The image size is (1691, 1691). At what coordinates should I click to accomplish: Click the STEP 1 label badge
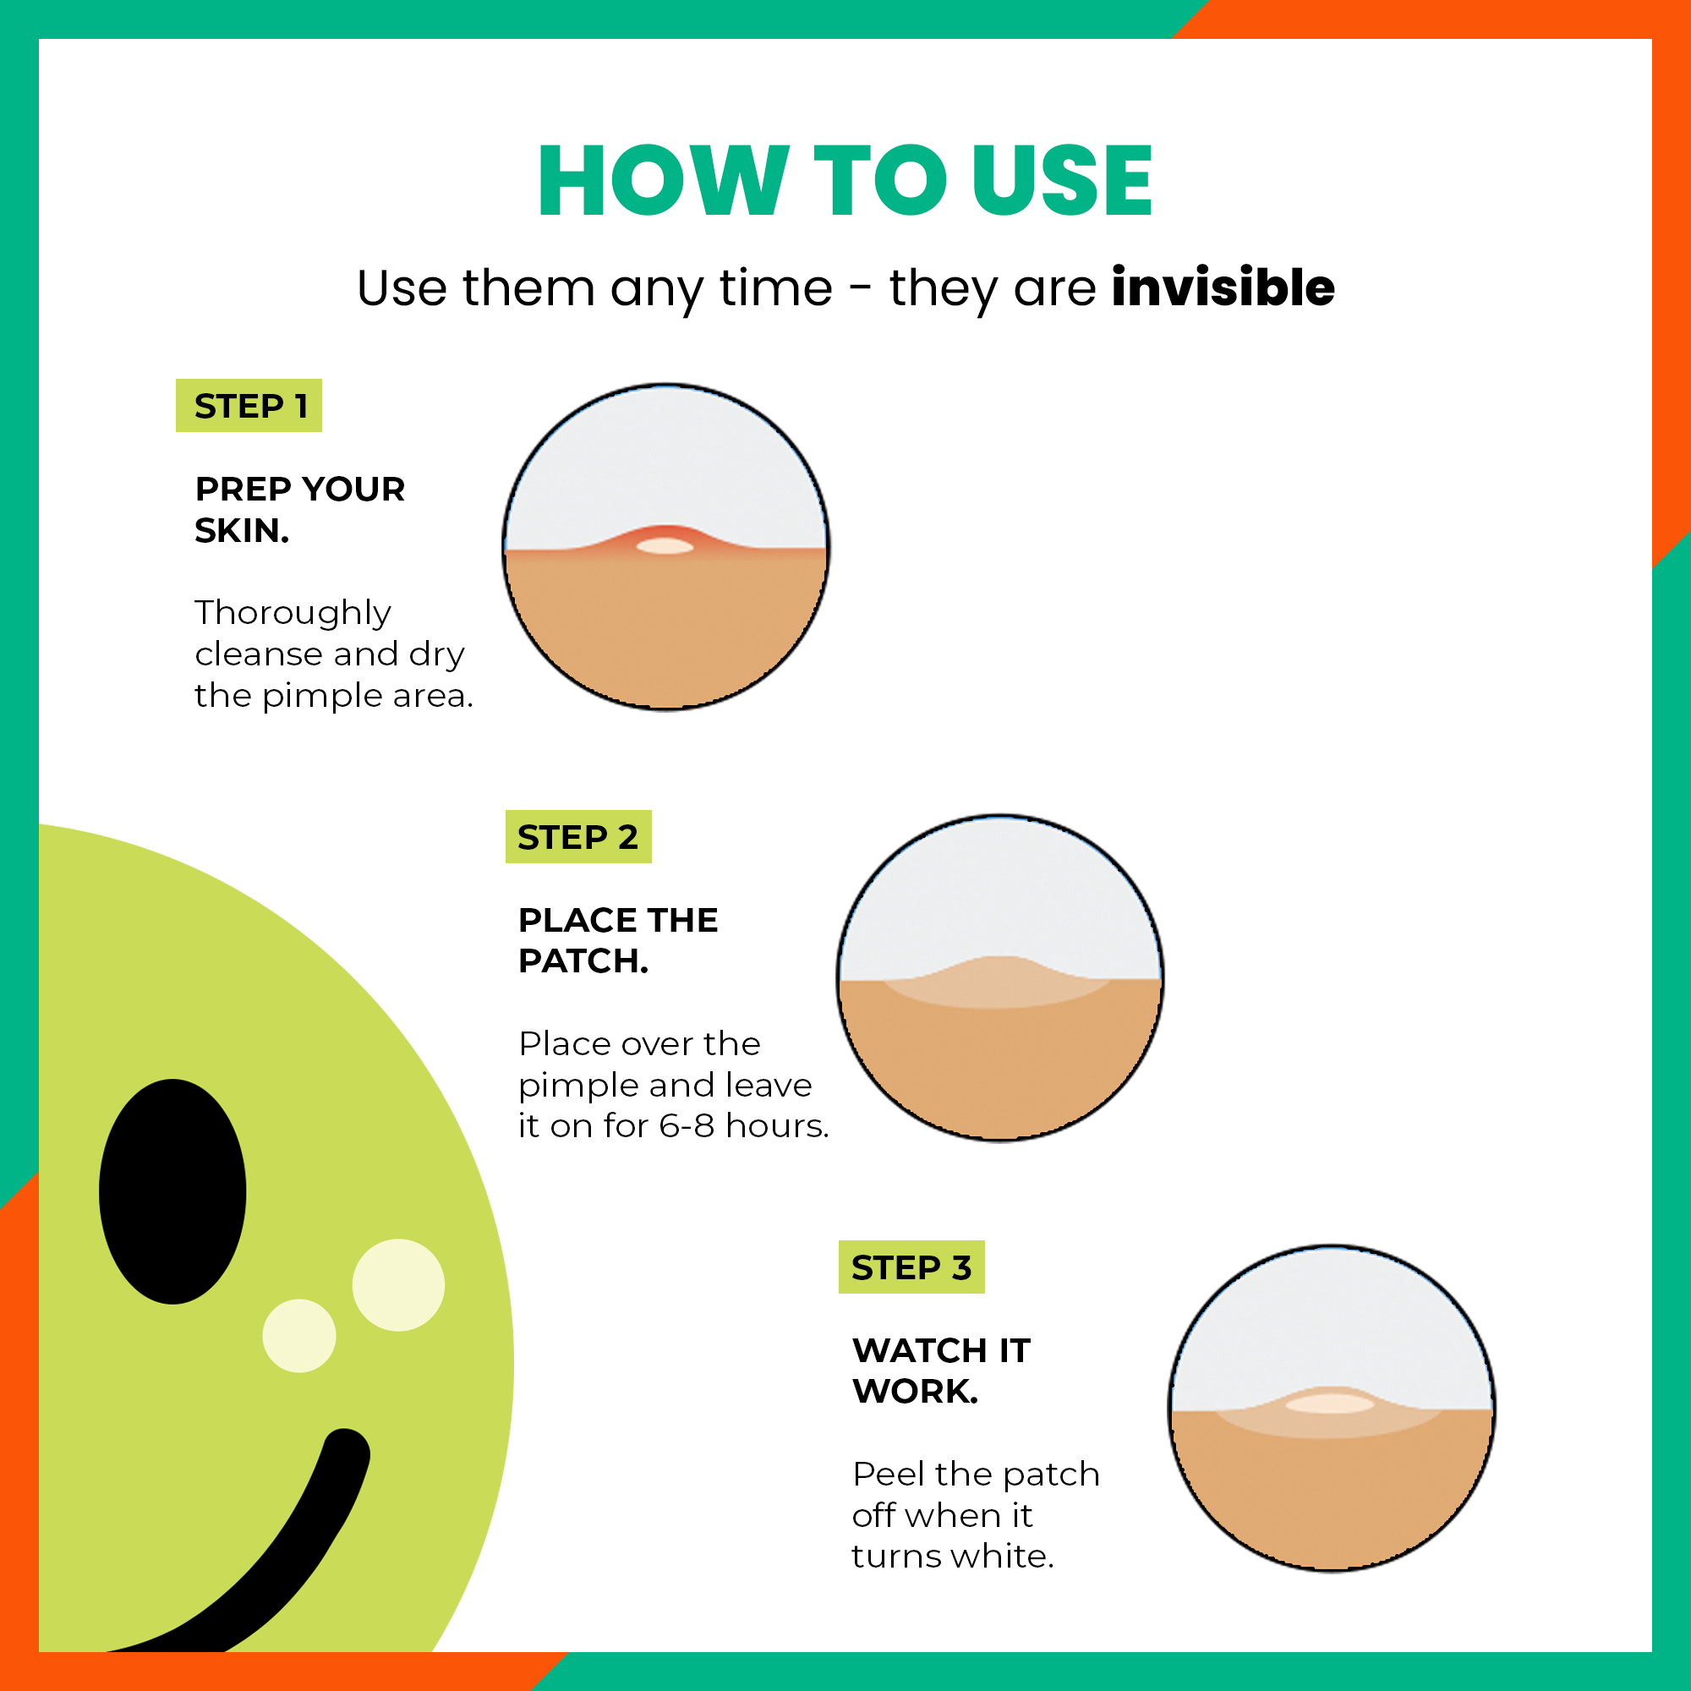(249, 405)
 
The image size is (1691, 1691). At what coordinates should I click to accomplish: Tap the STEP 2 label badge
(578, 837)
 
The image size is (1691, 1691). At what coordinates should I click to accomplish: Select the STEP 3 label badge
(911, 1267)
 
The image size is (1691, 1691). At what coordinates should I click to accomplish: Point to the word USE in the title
(1063, 180)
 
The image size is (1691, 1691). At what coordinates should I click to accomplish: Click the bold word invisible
(1223, 287)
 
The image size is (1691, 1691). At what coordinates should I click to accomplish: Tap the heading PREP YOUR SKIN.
(299, 509)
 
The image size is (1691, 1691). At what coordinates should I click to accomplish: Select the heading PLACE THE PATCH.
(618, 941)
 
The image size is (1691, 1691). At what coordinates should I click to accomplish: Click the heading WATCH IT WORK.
(941, 1371)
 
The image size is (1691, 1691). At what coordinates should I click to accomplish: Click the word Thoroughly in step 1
(293, 614)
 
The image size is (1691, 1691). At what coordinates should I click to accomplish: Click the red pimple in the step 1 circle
(665, 541)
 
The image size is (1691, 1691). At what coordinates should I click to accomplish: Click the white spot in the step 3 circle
(1329, 1404)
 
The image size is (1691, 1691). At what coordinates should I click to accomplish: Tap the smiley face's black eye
(172, 1191)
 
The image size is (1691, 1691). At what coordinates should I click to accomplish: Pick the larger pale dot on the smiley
(398, 1285)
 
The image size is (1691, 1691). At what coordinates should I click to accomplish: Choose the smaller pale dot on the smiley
(299, 1336)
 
